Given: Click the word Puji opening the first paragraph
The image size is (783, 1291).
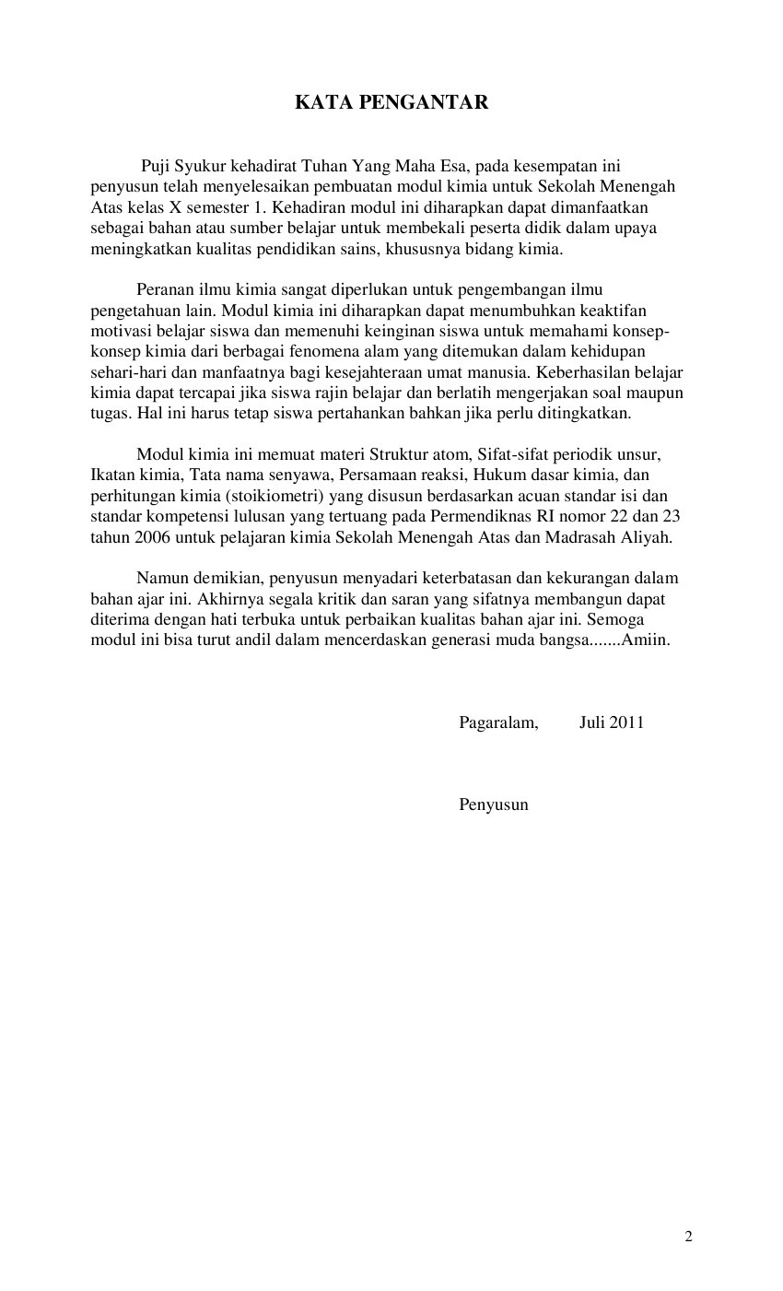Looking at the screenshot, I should (x=156, y=167).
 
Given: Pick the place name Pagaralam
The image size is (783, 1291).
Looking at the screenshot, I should (x=498, y=722).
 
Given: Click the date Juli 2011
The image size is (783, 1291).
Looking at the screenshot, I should (x=611, y=722).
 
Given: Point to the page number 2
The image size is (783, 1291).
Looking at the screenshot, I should (x=688, y=1237).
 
